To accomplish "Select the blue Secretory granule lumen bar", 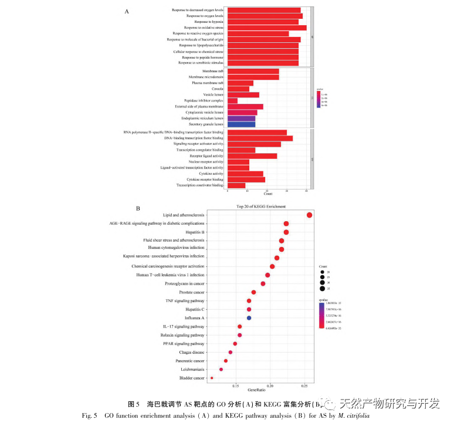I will click(241, 124).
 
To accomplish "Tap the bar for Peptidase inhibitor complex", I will click(232, 100).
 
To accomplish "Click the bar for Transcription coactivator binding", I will click(236, 185).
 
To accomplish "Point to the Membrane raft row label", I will click(213, 71).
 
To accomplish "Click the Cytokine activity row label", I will click(212, 174).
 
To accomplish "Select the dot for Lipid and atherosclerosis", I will click(309, 215).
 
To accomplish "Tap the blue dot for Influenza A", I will click(249, 317).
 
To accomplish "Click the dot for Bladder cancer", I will click(212, 378).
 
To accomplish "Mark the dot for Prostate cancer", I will click(253, 292).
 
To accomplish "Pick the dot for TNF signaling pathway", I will click(249, 300).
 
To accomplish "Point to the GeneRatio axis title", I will click(257, 390).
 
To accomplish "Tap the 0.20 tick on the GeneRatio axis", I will click(270, 385).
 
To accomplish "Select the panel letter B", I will click(138, 208).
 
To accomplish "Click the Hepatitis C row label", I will click(194, 309).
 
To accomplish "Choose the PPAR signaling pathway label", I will click(186, 343).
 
